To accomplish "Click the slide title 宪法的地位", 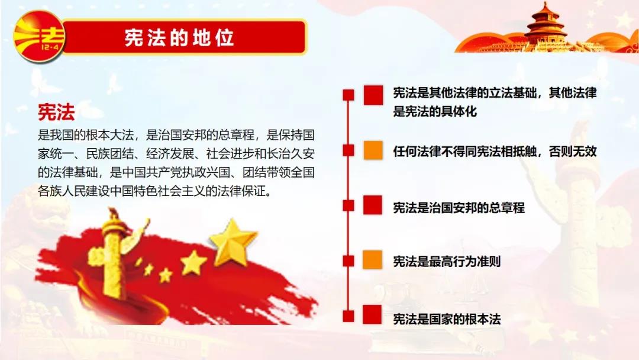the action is pyautogui.click(x=179, y=37).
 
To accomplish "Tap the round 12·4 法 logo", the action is pyautogui.click(x=38, y=36).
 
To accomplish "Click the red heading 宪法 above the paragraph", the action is pyautogui.click(x=56, y=112).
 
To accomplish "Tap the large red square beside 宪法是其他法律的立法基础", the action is pyautogui.click(x=373, y=95).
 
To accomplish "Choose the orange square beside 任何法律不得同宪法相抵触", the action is pyautogui.click(x=373, y=150).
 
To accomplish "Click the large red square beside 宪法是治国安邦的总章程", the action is pyautogui.click(x=373, y=205).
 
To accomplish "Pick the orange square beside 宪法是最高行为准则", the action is pyautogui.click(x=373, y=260).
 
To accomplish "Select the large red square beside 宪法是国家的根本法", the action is pyautogui.click(x=372, y=314).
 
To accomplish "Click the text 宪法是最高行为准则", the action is pyautogui.click(x=447, y=261).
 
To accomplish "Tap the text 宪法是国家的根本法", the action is pyautogui.click(x=447, y=319).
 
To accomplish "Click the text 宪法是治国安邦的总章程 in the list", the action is pyautogui.click(x=459, y=207).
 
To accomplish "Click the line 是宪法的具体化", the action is pyautogui.click(x=435, y=111).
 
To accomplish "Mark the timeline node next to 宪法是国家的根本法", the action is pyautogui.click(x=348, y=316).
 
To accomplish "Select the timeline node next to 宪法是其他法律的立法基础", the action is pyautogui.click(x=348, y=95).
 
